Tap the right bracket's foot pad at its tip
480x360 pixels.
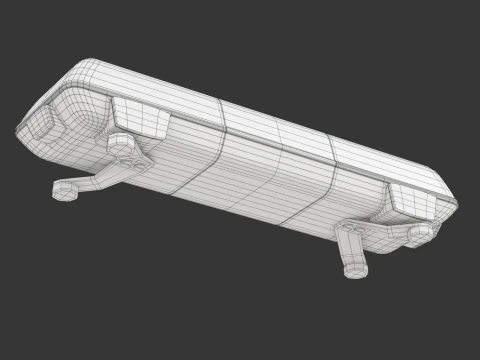pos(356,269)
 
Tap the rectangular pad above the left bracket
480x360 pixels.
pos(139,118)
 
